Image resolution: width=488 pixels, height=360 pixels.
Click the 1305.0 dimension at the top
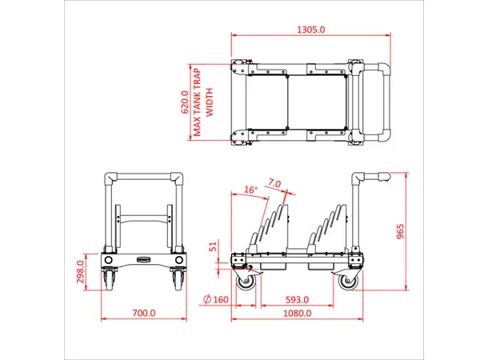coord(311,30)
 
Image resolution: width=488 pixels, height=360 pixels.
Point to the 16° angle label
coord(250,190)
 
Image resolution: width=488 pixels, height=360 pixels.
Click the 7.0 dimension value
coord(274,183)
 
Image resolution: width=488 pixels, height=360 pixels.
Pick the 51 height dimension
coord(213,247)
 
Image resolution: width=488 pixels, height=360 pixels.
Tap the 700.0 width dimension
coord(143,313)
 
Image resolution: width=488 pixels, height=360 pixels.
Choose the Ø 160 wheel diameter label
coord(216,299)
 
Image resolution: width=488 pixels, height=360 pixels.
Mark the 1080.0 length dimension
coord(297,313)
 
